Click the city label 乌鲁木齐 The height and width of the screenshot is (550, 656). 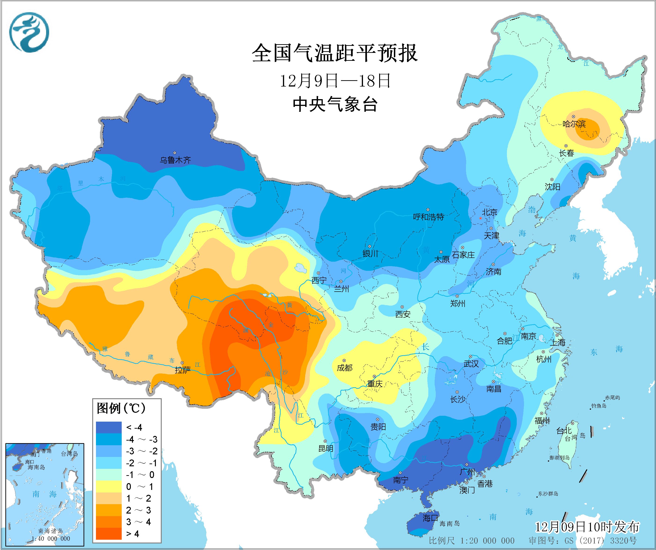[175, 160]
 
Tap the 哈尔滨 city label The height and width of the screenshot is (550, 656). [574, 124]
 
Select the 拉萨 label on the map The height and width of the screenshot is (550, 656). [183, 370]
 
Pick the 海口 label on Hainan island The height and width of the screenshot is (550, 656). [430, 518]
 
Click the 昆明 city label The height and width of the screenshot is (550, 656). [326, 449]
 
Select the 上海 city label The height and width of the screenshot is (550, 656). [558, 342]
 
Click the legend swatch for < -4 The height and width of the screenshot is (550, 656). [109, 427]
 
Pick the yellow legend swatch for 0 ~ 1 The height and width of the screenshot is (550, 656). [109, 486]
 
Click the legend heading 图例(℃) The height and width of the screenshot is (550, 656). [121, 408]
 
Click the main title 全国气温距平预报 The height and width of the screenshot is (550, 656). [335, 53]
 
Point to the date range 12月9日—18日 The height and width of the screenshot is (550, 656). [335, 81]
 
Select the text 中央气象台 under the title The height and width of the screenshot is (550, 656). [335, 104]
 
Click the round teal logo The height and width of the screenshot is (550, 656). [29, 32]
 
